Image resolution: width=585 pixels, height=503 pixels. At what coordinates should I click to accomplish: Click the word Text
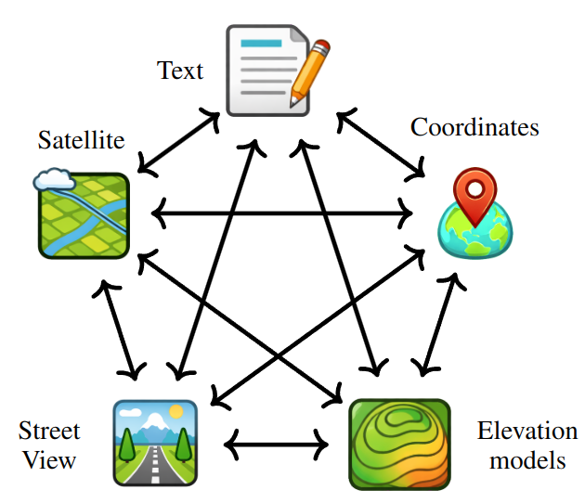179,71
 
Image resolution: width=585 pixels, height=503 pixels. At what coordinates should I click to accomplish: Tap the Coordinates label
474,126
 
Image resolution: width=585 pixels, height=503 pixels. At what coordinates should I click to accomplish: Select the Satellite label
81,140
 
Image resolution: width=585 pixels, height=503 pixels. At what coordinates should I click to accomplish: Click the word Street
49,432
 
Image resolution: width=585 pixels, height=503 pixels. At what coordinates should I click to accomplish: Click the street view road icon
155,442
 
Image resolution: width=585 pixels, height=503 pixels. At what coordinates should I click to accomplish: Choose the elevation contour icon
398,444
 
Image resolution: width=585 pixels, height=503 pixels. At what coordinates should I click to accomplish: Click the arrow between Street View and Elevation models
277,445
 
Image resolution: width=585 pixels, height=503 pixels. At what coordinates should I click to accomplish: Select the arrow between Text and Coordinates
382,144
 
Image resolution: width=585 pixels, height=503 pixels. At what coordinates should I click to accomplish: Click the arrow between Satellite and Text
178,143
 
